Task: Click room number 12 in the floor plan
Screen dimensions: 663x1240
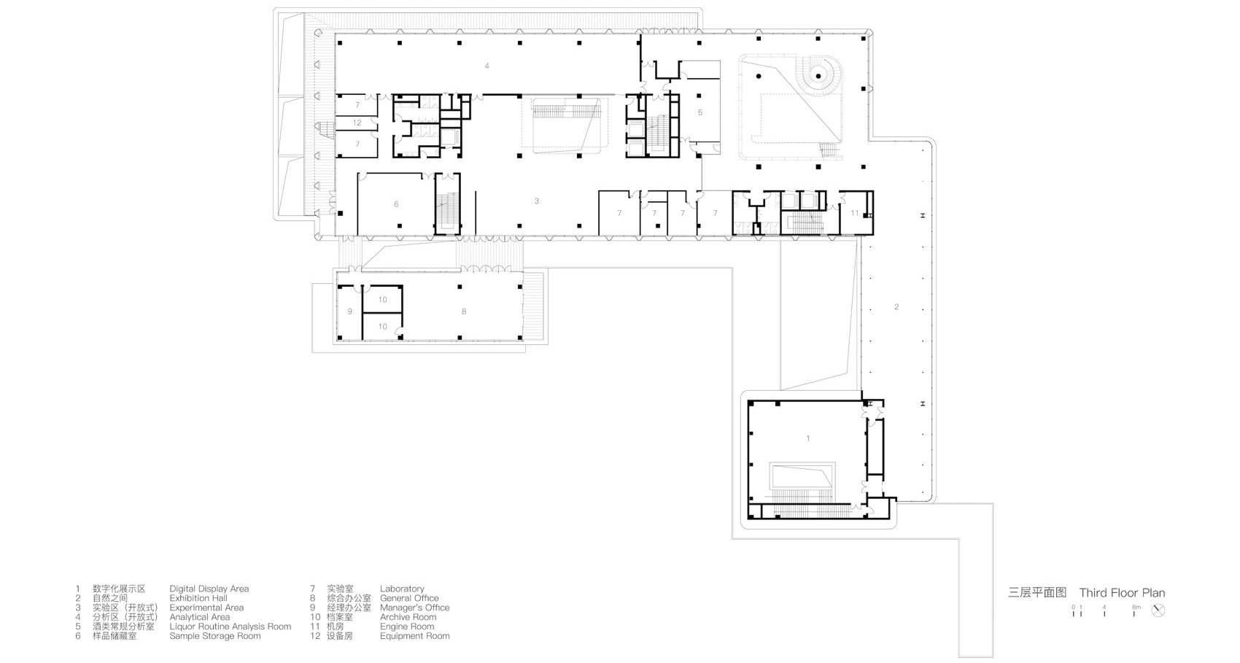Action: point(357,123)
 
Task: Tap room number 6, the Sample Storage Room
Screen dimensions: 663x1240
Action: point(396,204)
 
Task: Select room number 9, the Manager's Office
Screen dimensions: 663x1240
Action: point(349,311)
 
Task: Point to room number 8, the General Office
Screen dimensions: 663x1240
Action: point(463,311)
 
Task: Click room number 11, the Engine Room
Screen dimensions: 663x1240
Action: point(855,213)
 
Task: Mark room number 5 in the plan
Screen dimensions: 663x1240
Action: point(700,112)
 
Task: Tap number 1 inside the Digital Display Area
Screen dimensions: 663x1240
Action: point(807,438)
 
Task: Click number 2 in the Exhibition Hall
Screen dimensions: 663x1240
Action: point(896,307)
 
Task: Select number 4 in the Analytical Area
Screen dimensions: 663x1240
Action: point(487,66)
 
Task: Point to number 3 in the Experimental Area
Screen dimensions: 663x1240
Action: point(536,201)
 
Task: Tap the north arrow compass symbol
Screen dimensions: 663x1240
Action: point(1158,610)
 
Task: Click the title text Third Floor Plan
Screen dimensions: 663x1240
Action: point(1122,593)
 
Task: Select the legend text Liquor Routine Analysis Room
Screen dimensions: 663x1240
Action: point(230,627)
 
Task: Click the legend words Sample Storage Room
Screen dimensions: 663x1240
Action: point(214,636)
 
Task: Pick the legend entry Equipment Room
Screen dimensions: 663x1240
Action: point(414,636)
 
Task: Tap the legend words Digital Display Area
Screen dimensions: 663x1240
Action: point(209,589)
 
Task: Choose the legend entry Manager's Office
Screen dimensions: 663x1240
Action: point(414,608)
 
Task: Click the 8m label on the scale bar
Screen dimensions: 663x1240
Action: point(1136,607)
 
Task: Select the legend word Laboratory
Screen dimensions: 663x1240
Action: point(401,589)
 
